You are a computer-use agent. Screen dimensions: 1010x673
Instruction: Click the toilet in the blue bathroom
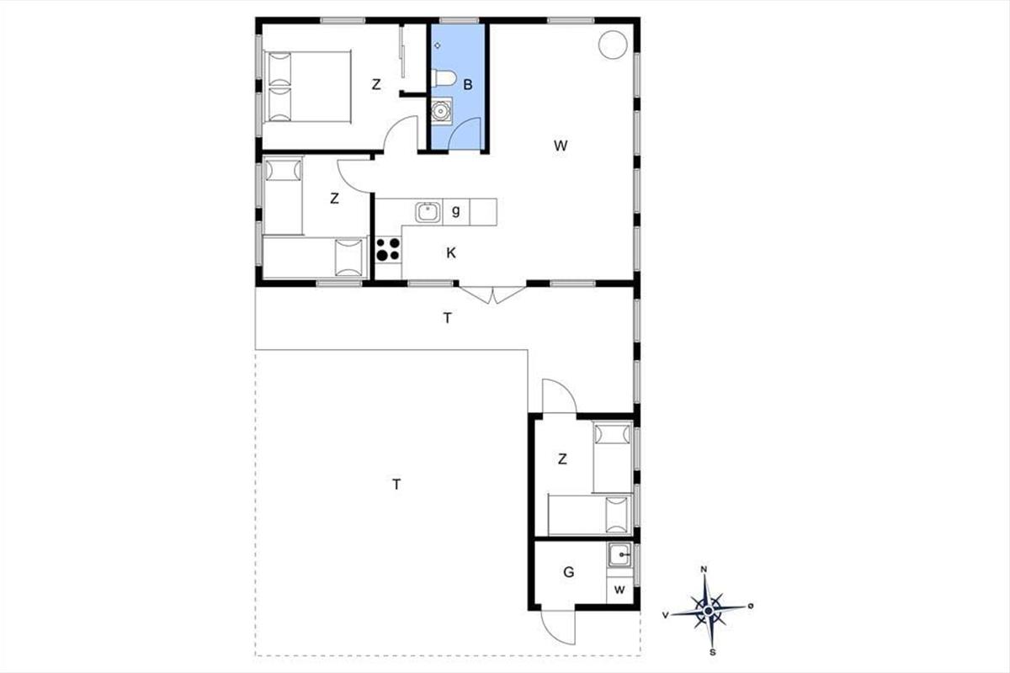[x=444, y=78]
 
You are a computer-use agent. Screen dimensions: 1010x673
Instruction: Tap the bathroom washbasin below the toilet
[x=440, y=109]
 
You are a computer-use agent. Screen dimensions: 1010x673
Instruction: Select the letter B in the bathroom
[x=468, y=85]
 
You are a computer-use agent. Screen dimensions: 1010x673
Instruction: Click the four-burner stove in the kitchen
[x=388, y=250]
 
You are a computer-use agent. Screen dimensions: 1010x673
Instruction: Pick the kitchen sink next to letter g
[x=428, y=212]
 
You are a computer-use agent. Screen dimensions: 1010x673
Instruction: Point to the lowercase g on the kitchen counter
[x=456, y=211]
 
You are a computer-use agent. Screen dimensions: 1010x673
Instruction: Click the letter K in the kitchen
[x=451, y=253]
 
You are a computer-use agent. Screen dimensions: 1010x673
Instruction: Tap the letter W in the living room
[x=561, y=146]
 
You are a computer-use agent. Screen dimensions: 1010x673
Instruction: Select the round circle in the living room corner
[x=613, y=45]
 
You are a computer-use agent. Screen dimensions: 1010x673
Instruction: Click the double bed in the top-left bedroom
[x=307, y=87]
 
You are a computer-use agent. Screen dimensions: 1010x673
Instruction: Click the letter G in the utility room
[x=569, y=572]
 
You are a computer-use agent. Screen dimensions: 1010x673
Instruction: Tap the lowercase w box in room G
[x=619, y=590]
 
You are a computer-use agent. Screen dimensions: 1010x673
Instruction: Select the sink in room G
[x=620, y=555]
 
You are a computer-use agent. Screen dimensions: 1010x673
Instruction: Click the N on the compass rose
[x=704, y=570]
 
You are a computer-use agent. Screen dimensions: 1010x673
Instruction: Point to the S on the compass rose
[x=713, y=652]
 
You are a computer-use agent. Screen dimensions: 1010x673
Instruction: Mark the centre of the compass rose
[x=709, y=611]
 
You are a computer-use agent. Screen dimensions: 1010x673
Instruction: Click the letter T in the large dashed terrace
[x=396, y=485]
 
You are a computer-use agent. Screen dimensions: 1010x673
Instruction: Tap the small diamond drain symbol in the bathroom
[x=438, y=45]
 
